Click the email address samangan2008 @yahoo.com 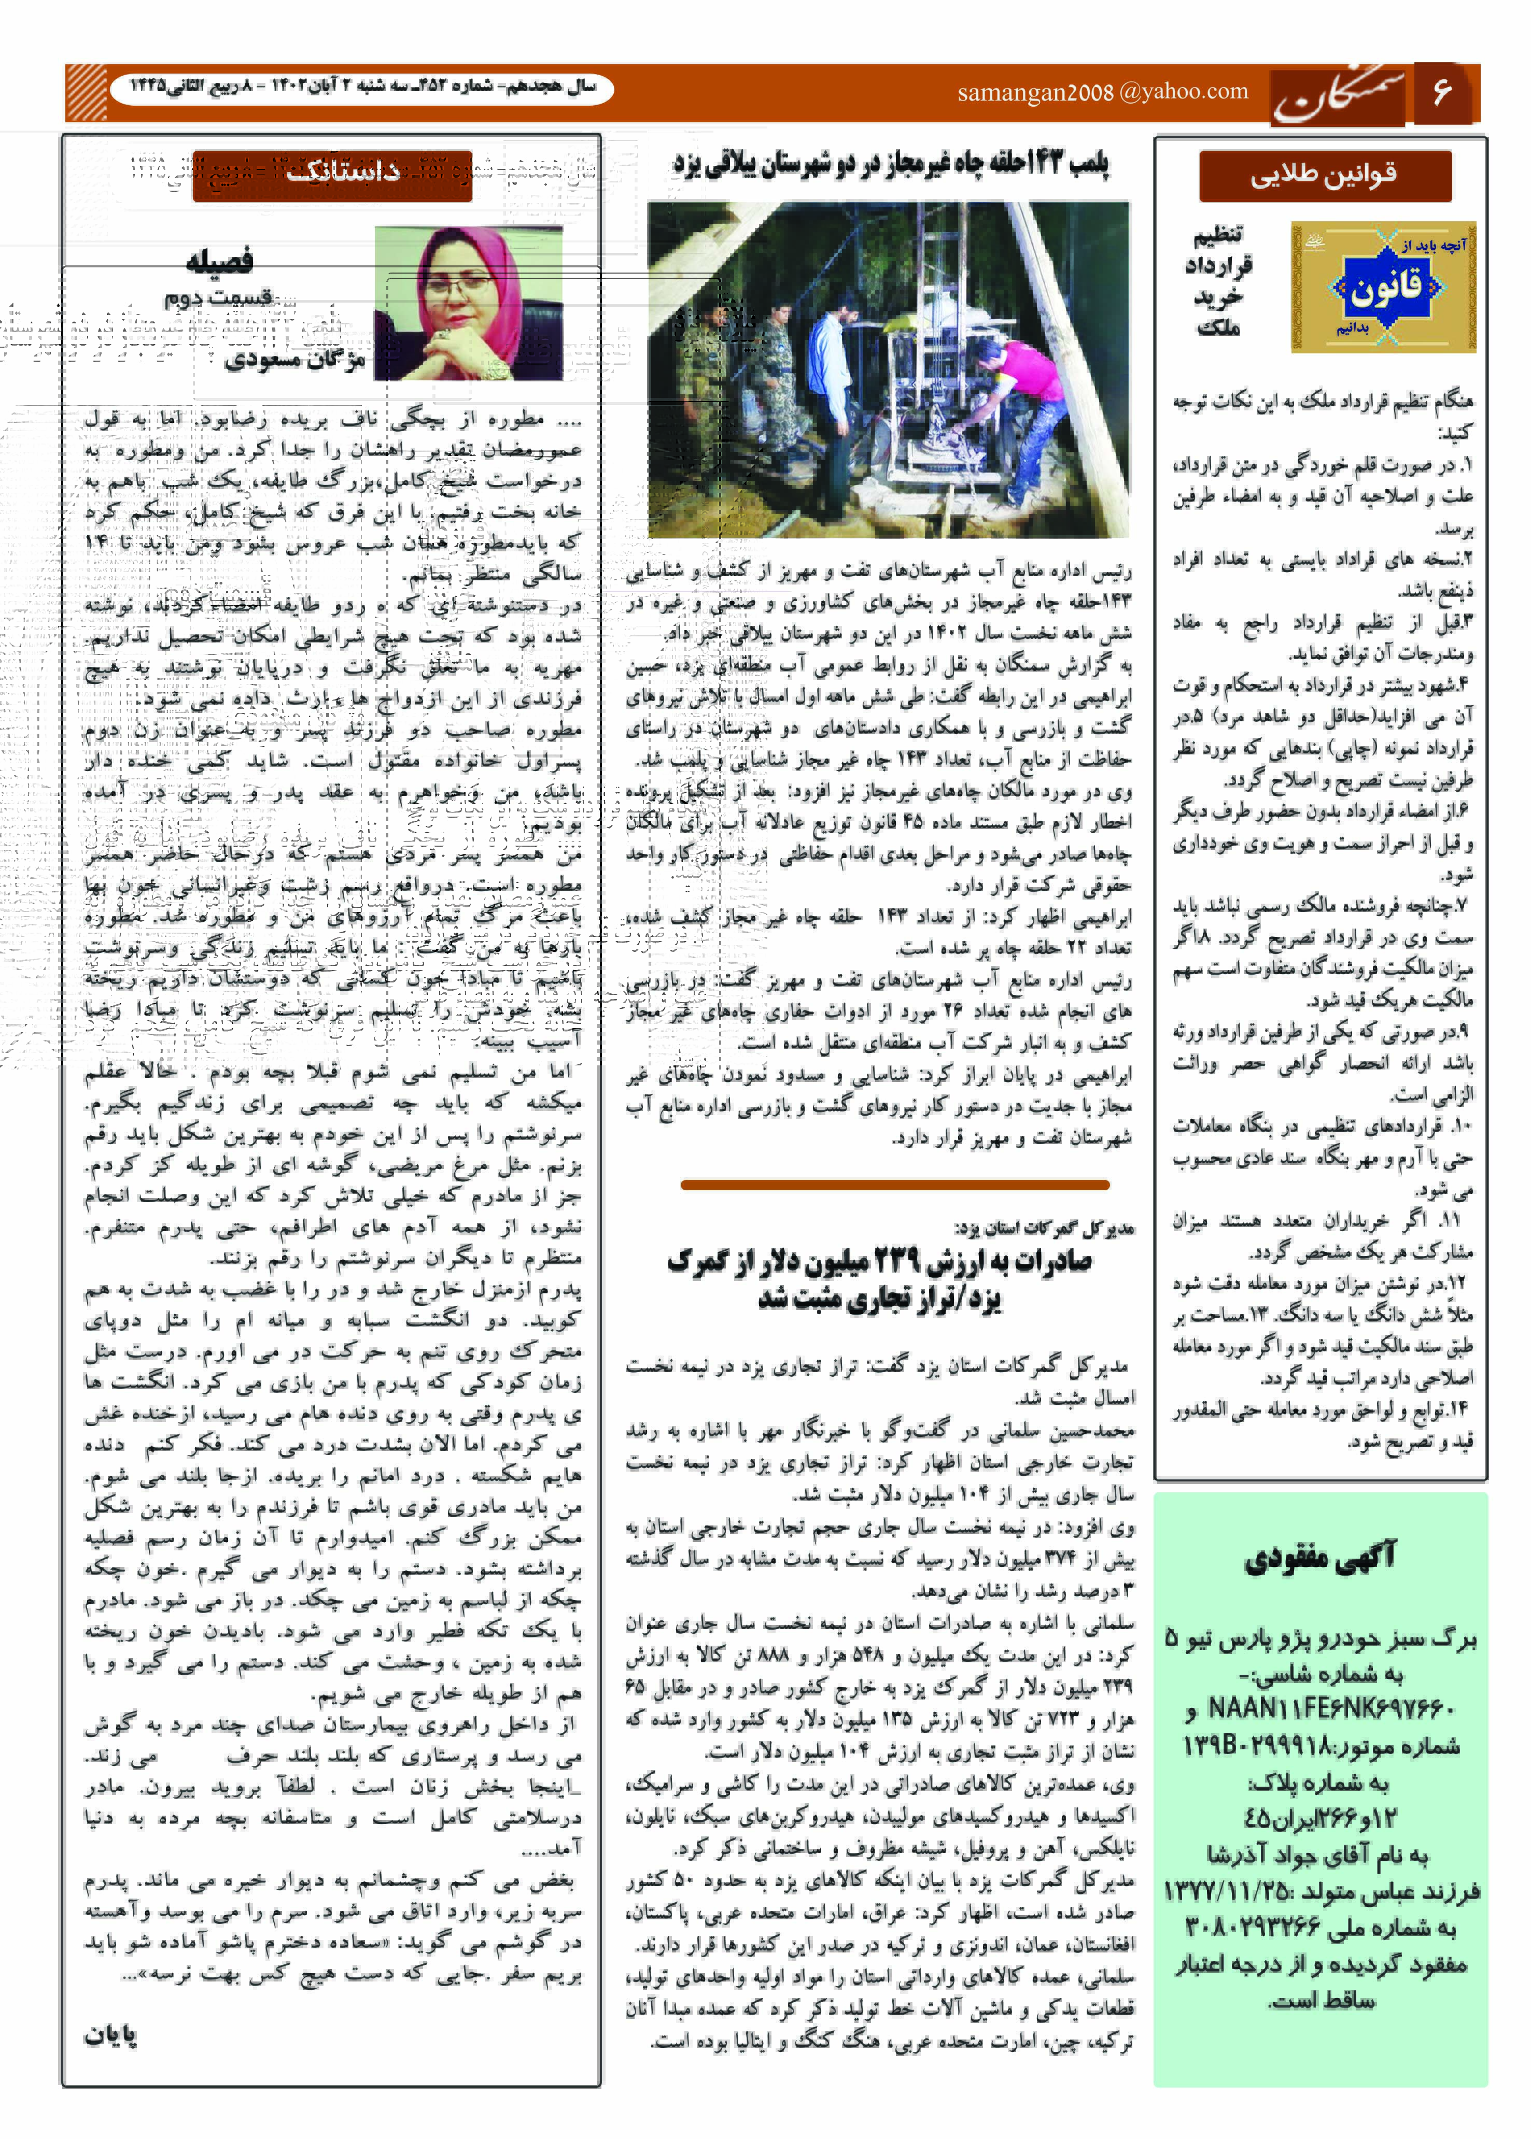[x=1102, y=91]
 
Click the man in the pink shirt [x=1023, y=396]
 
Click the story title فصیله [x=219, y=260]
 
